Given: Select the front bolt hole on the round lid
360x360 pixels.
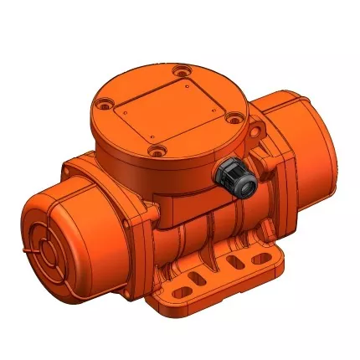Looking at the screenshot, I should (155, 151).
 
